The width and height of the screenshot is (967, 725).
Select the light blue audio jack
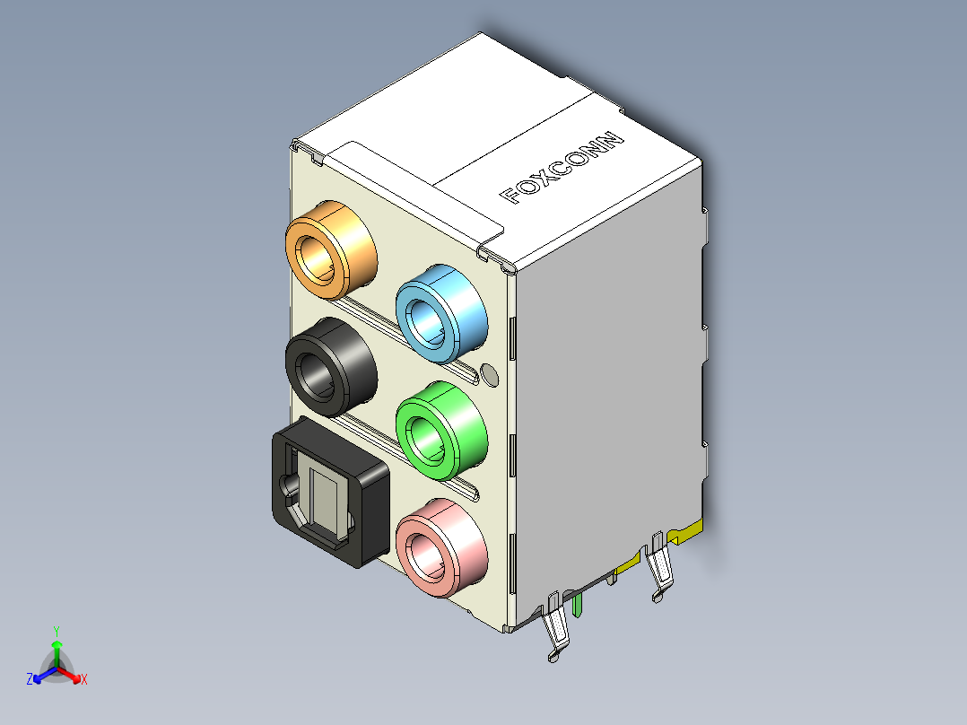(440, 314)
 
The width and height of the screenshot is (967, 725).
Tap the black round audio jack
(328, 368)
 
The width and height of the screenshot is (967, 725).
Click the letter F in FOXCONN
(510, 196)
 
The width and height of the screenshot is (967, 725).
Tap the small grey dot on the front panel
(489, 374)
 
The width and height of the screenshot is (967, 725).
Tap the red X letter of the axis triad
(83, 680)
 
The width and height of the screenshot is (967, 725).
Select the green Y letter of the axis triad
(56, 631)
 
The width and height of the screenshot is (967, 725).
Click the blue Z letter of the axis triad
(29, 680)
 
